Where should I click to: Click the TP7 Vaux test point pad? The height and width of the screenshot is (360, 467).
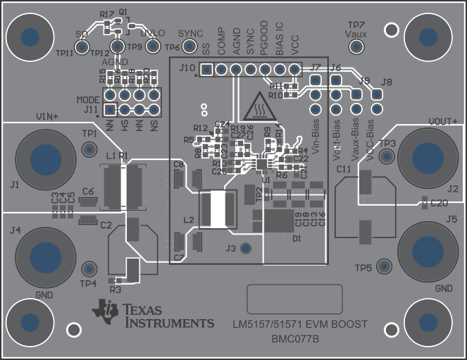click(356, 47)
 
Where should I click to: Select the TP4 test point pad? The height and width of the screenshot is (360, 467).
click(89, 269)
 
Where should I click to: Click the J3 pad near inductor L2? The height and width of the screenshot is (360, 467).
click(245, 248)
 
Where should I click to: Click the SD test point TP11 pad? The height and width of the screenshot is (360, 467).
click(82, 47)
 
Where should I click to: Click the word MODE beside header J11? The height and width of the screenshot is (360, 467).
click(88, 100)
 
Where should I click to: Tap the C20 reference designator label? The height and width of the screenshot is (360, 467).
click(439, 203)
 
